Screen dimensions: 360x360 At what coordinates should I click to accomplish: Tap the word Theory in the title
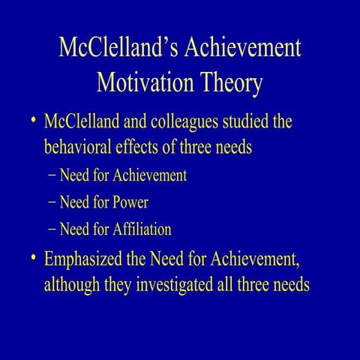tap(235, 81)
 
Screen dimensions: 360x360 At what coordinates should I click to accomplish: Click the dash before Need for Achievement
tap(51, 176)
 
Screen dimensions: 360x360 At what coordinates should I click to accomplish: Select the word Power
tap(130, 202)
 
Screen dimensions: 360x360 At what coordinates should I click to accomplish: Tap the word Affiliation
tap(142, 229)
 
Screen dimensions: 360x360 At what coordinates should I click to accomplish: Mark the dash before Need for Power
tap(51, 202)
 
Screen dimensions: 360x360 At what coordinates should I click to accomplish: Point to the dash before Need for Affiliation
tap(51, 229)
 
